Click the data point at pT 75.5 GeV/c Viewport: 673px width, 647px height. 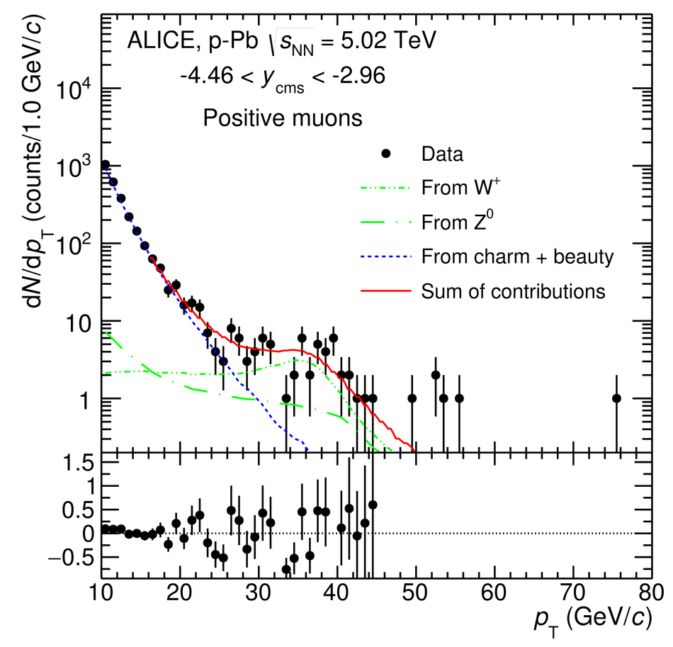tap(616, 398)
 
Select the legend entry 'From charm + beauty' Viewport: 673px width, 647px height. tap(516, 257)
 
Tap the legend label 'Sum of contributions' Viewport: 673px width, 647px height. tap(513, 291)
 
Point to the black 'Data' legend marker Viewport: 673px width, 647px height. tap(385, 154)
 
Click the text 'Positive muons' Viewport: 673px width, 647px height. tap(283, 118)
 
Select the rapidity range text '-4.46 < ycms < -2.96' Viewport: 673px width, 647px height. tap(282, 76)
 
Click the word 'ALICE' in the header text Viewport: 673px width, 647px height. tap(158, 42)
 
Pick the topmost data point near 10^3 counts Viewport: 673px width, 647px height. tap(105, 164)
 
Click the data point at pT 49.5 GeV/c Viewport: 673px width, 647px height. tap(412, 398)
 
